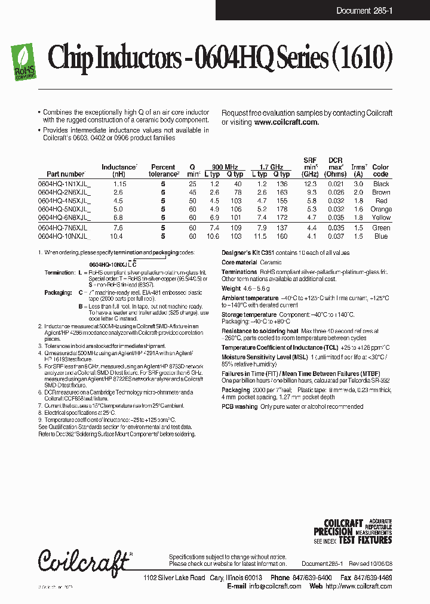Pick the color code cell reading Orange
tap(381, 209)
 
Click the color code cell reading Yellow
tap(381, 218)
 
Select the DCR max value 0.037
tap(335, 236)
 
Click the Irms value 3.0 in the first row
tap(358, 184)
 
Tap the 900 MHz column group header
tap(225, 167)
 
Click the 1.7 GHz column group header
tap(271, 167)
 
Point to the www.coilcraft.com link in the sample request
tap(286, 122)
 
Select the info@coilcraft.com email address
tap(274, 586)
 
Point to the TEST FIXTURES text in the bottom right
tap(365, 540)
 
